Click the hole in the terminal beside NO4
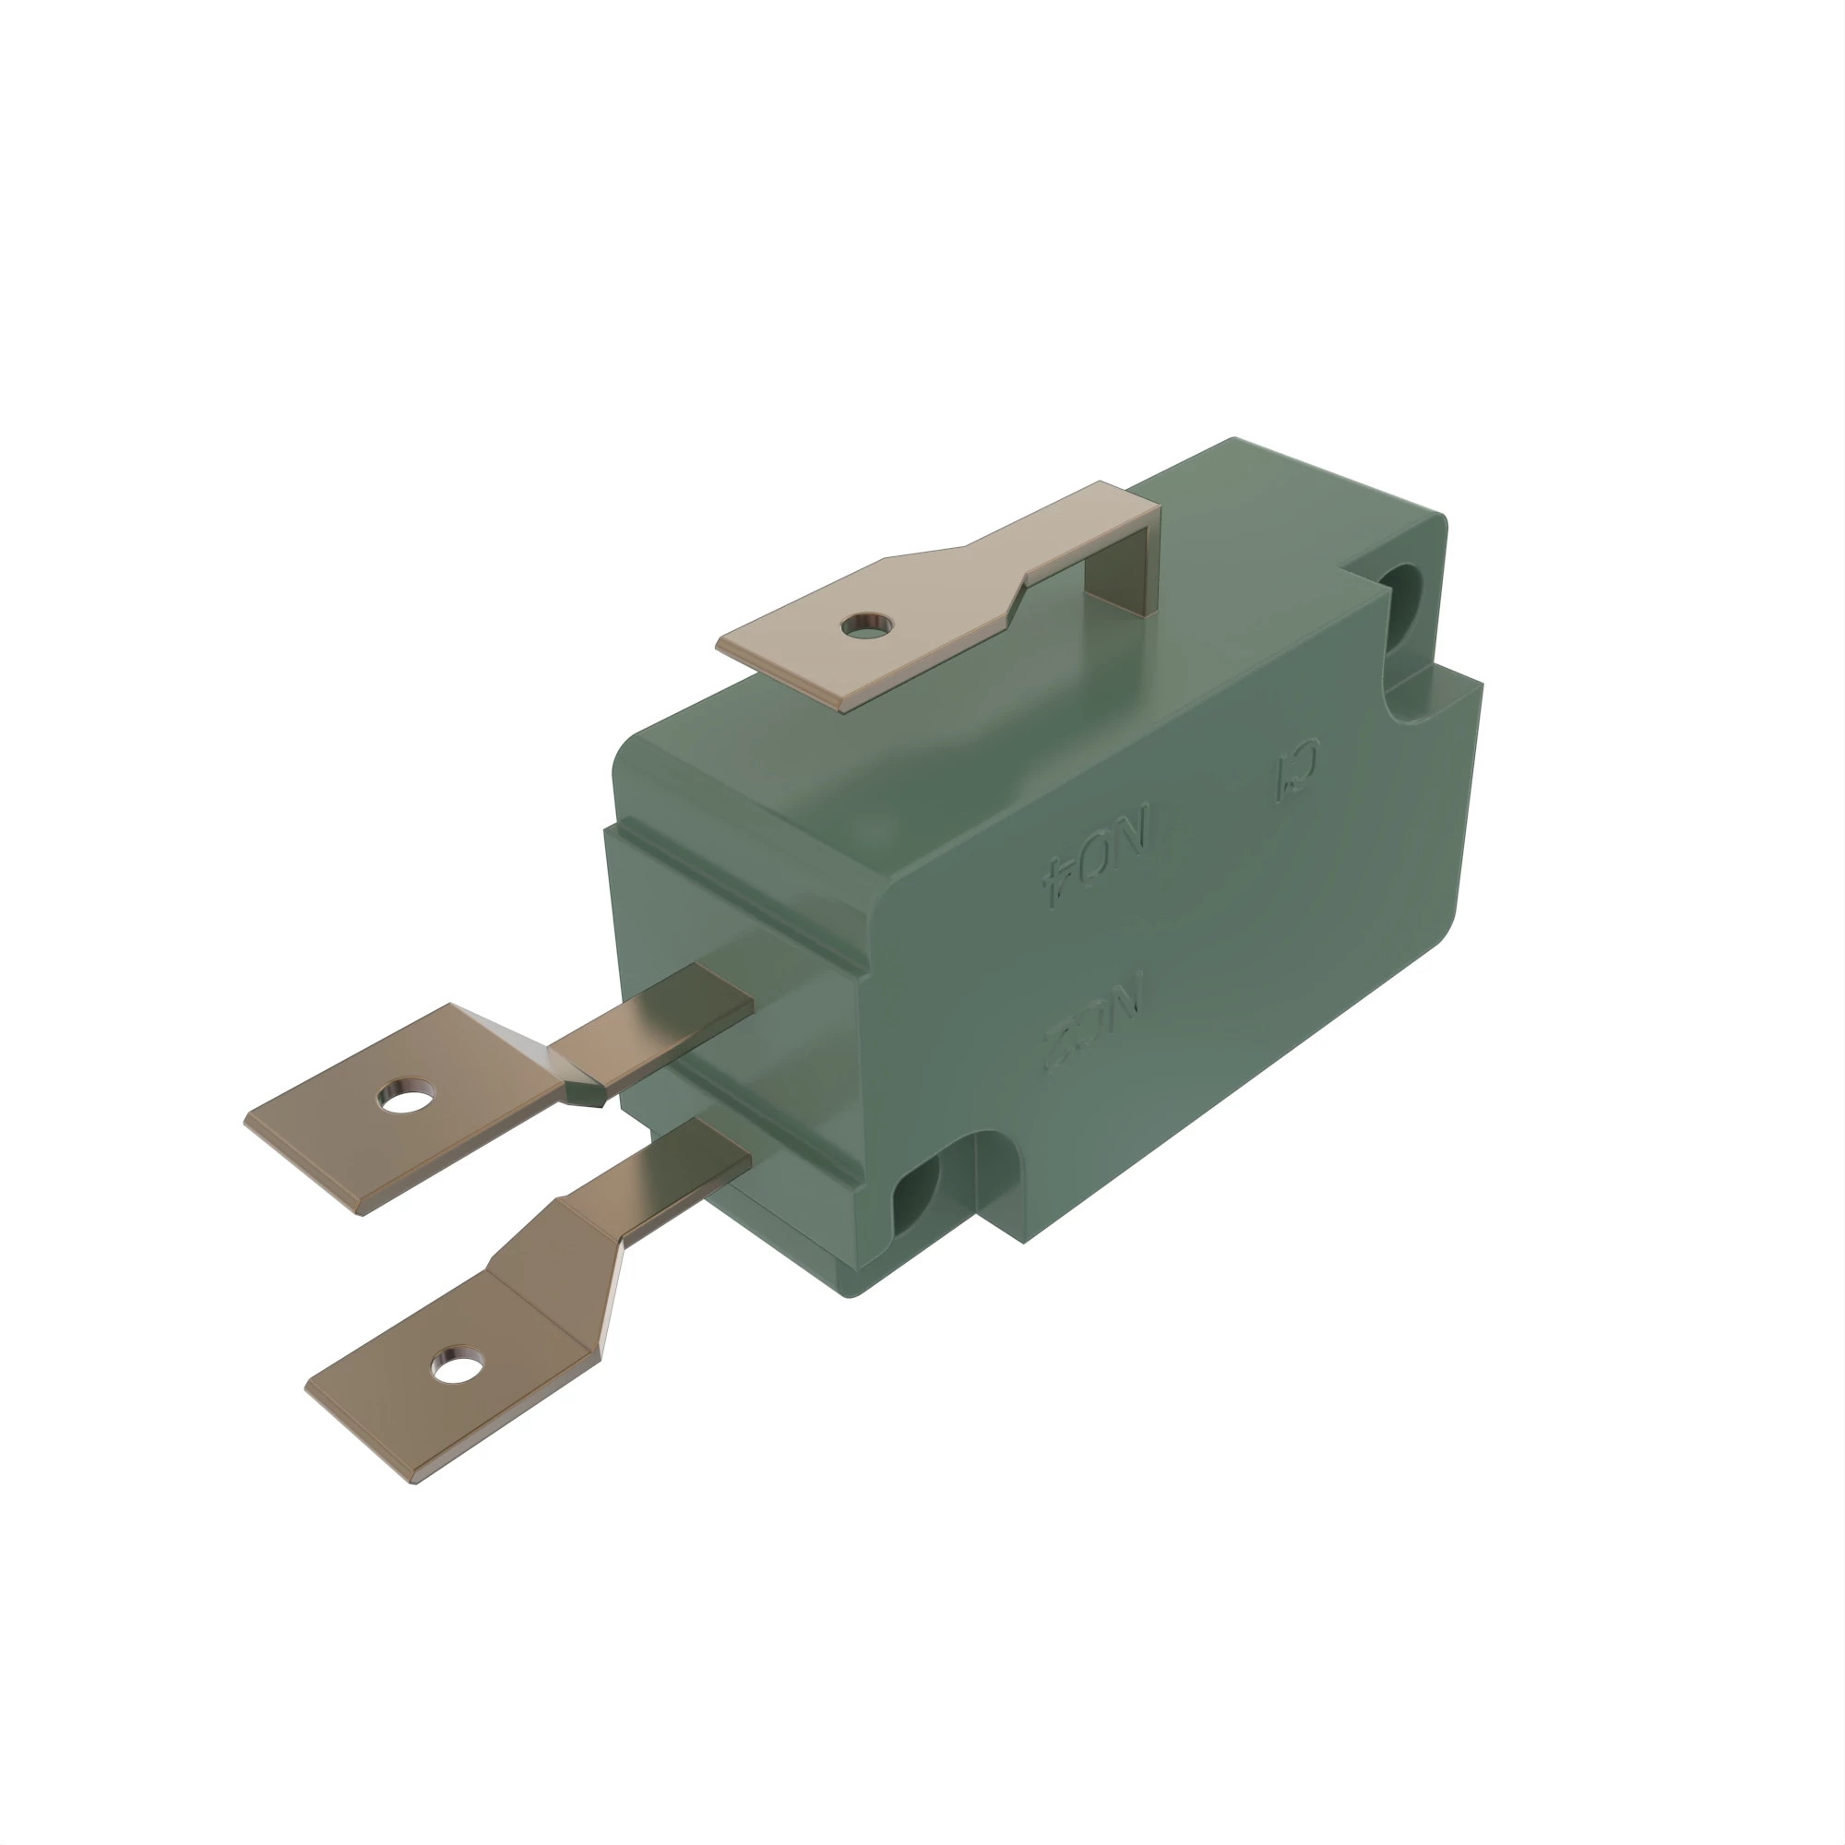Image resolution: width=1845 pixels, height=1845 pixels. point(405,1094)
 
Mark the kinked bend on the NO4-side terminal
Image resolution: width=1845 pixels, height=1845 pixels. point(573,1084)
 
